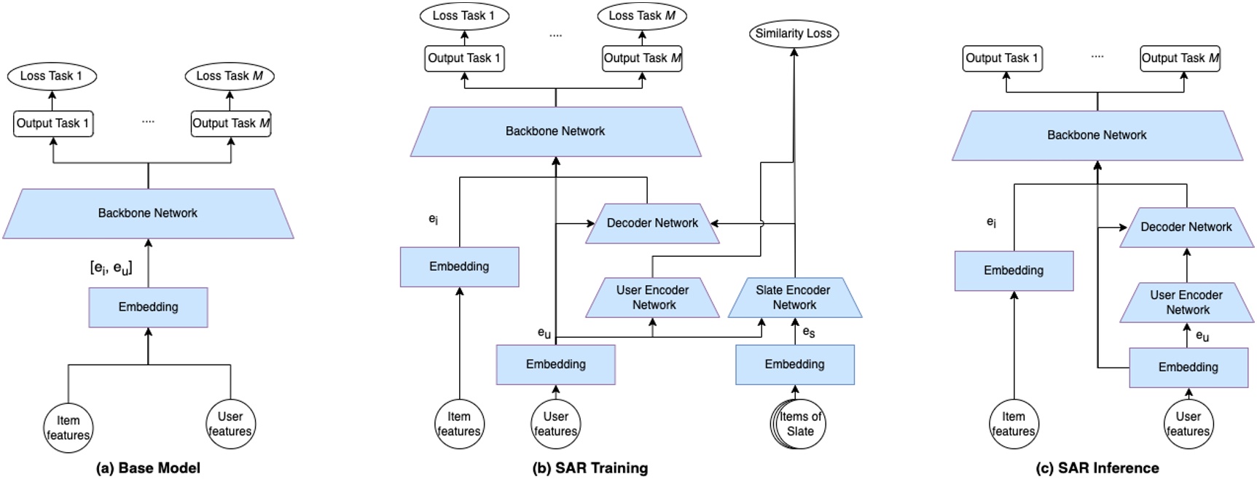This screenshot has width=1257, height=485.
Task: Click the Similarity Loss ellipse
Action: (x=794, y=34)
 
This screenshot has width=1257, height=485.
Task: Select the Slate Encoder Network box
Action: (x=794, y=298)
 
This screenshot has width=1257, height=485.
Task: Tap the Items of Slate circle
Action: (x=799, y=424)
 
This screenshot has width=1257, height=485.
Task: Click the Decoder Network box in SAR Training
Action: (x=652, y=223)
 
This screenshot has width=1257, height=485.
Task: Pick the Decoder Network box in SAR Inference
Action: (x=1186, y=227)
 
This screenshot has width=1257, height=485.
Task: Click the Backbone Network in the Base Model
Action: (x=148, y=213)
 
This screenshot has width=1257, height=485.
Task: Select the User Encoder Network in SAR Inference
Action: (x=1186, y=302)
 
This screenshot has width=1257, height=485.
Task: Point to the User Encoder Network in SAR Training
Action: (x=653, y=298)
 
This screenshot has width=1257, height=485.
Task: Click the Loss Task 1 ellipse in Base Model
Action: (x=52, y=76)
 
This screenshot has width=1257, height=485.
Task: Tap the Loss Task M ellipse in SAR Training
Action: (x=642, y=16)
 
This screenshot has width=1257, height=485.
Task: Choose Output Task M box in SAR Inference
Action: (x=1180, y=58)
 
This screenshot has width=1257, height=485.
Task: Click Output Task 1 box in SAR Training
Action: (x=464, y=58)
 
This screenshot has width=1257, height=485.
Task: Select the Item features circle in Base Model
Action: (x=68, y=427)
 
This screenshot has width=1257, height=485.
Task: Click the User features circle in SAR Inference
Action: (x=1188, y=424)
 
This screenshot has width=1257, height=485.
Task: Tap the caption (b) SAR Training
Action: (x=590, y=468)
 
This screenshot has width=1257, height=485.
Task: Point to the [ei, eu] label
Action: (x=111, y=268)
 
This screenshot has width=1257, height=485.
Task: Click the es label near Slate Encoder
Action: (x=808, y=332)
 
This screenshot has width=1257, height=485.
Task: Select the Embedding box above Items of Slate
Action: (x=794, y=364)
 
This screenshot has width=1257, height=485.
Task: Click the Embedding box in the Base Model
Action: (x=148, y=307)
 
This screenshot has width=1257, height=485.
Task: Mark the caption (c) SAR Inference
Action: (x=1097, y=468)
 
